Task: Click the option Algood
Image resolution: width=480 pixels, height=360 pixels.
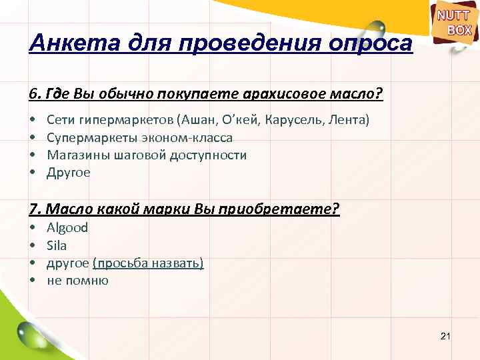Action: click(67, 227)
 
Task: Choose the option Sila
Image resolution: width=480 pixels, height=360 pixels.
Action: click(57, 245)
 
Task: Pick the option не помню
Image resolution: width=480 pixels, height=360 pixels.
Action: click(77, 280)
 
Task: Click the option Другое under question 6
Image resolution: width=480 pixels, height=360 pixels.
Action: click(68, 173)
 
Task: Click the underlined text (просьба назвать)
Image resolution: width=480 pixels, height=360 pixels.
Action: click(148, 263)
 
